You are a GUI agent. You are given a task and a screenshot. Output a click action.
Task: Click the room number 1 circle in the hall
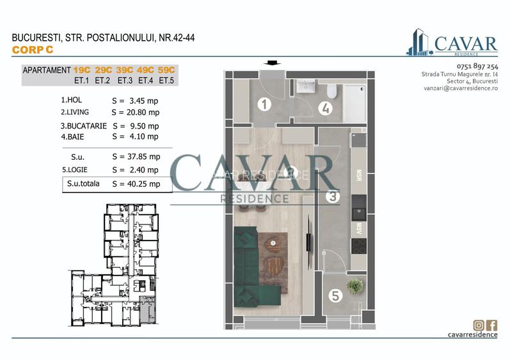pyautogui.click(x=263, y=104)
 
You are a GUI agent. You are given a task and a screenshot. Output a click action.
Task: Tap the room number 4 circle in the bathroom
pyautogui.click(x=326, y=107)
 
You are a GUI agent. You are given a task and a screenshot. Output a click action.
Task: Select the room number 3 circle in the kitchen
pyautogui.click(x=332, y=197)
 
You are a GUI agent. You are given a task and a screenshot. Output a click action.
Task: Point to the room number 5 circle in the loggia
pyautogui.click(x=335, y=295)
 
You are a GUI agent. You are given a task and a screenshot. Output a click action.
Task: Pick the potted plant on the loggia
pyautogui.click(x=354, y=286)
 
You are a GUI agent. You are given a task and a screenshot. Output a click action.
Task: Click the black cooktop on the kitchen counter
pyautogui.click(x=359, y=246)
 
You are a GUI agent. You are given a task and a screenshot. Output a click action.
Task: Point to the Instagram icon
pyautogui.click(x=478, y=325)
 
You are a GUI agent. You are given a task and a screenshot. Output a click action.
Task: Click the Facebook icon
pyautogui.click(x=492, y=325)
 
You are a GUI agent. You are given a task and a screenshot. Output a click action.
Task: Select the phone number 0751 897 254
pyautogui.click(x=477, y=67)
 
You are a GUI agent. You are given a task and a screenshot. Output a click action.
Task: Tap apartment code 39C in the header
pyautogui.click(x=125, y=70)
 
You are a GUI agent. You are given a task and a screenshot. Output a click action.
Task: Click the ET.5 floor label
pyautogui.click(x=166, y=81)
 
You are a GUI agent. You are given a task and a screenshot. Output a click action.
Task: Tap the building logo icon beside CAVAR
pyautogui.click(x=419, y=42)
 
